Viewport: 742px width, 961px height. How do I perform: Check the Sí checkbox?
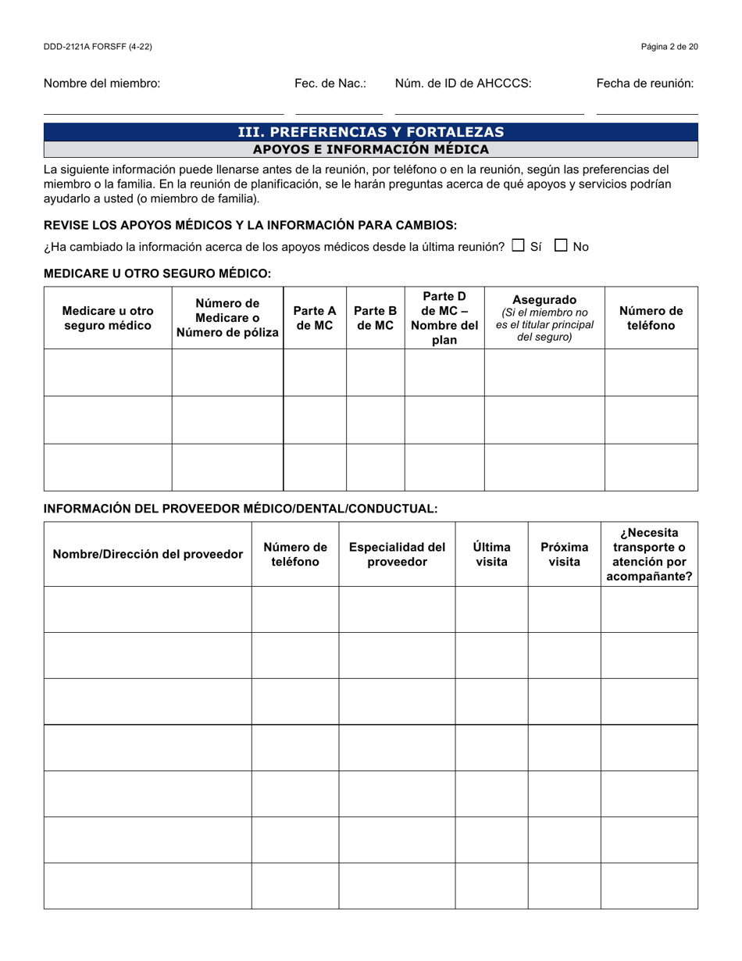click(518, 245)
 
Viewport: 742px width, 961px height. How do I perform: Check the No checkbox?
click(561, 245)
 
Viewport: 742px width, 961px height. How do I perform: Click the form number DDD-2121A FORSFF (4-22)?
click(98, 47)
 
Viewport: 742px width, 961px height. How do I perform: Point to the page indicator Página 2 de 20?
click(669, 47)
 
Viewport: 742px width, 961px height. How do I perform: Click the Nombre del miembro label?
click(102, 84)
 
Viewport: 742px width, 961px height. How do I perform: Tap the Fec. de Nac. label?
click(330, 84)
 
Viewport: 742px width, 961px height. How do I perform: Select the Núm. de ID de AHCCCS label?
click(463, 84)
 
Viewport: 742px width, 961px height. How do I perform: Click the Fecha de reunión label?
click(644, 84)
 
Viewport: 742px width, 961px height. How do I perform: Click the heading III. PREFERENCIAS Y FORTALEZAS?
click(370, 132)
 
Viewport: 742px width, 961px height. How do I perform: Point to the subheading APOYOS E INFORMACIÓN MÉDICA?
click(370, 149)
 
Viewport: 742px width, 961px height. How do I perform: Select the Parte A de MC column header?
click(314, 318)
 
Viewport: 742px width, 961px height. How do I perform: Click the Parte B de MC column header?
click(375, 318)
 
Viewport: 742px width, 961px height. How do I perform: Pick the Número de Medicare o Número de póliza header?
click(227, 318)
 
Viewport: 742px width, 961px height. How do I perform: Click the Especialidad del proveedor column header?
click(397, 554)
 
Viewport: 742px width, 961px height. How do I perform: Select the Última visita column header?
click(491, 554)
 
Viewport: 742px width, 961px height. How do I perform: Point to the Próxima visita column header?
click(564, 554)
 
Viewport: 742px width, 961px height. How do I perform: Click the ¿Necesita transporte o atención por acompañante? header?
click(649, 554)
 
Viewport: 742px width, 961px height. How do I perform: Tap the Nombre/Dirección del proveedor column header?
click(148, 554)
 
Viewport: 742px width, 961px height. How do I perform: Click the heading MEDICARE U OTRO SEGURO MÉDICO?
click(158, 273)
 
